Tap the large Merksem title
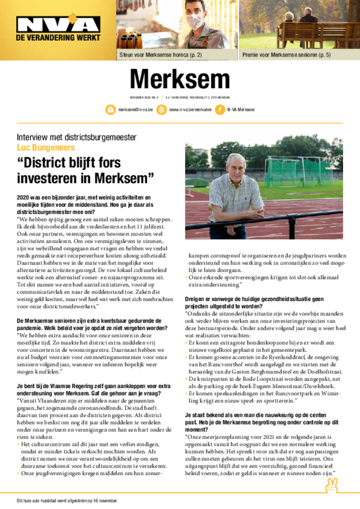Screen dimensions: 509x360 coord(180,80)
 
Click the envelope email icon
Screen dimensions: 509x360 coord(110,109)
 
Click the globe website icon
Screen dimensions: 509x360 coord(161,109)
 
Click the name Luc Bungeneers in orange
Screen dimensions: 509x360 coord(46,148)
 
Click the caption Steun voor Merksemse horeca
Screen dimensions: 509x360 coord(161,55)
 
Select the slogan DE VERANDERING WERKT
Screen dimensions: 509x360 coord(58,37)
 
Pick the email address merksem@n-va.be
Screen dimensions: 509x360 coord(135,110)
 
